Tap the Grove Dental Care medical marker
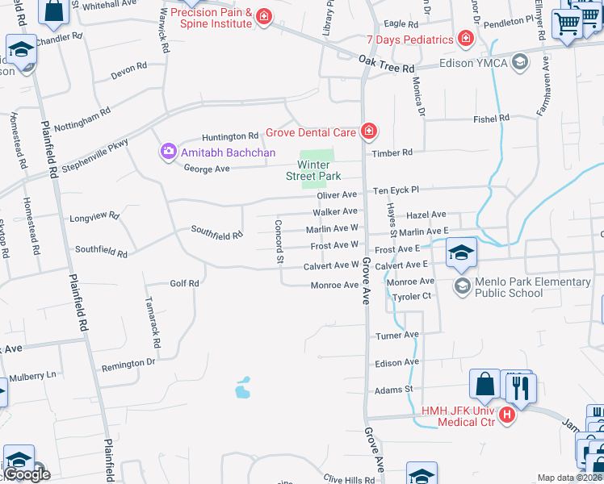pos(368,131)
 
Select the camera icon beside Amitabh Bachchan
pos(168,152)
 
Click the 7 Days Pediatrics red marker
pos(465,39)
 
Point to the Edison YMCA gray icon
pos(521,62)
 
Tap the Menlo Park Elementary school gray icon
pos(462,285)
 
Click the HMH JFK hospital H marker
pos(507,415)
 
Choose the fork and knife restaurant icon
pos(522,388)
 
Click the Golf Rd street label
pos(184,283)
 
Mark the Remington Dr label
pos(128,364)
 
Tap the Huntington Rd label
pos(230,136)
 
